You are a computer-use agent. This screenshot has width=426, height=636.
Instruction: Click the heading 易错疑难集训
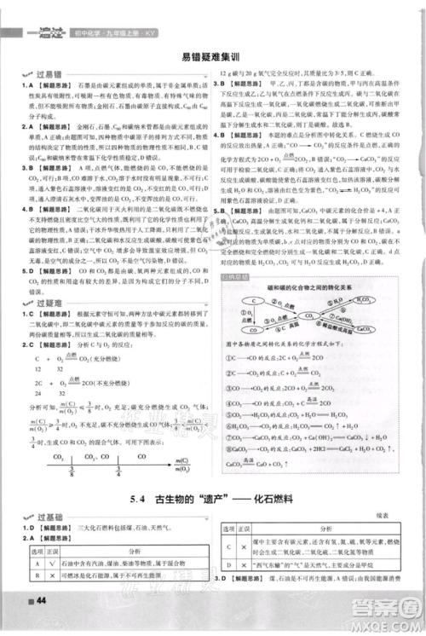pos(212,58)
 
